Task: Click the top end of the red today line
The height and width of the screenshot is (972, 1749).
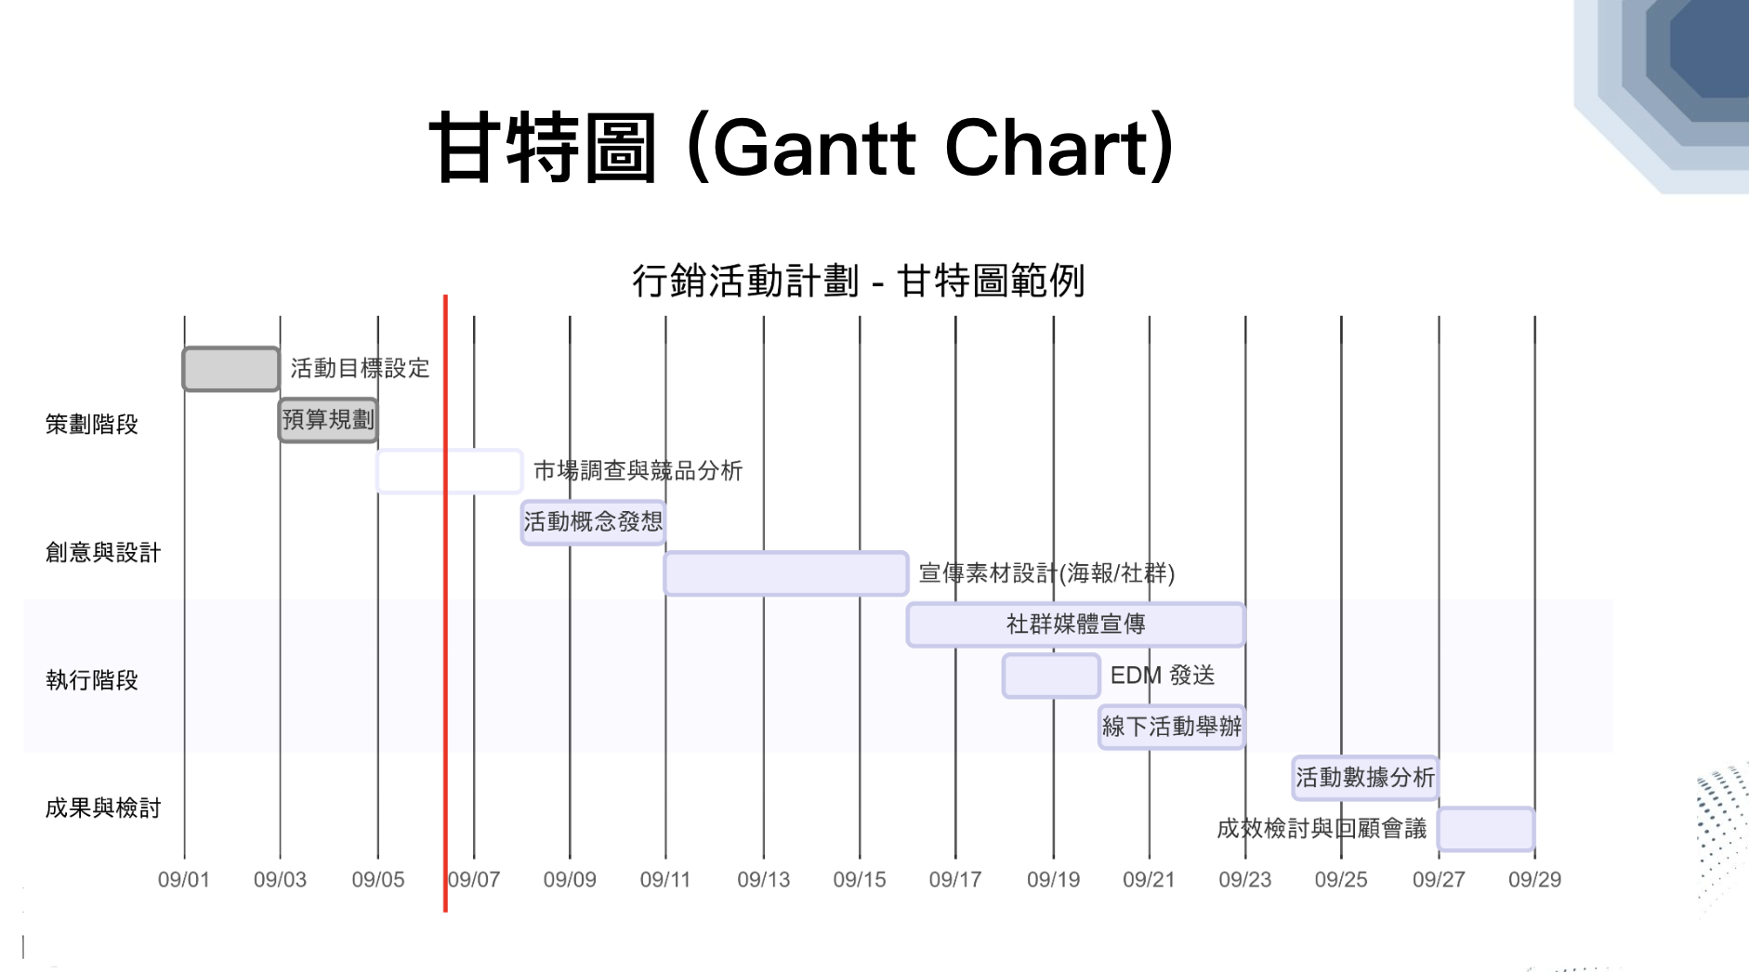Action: (x=445, y=296)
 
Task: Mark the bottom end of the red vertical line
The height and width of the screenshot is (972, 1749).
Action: (x=445, y=912)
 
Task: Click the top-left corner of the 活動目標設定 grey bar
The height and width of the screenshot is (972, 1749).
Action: (x=183, y=348)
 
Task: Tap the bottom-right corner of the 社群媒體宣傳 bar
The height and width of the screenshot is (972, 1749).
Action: (x=1245, y=646)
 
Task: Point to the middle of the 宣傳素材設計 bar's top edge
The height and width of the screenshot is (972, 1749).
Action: (x=786, y=552)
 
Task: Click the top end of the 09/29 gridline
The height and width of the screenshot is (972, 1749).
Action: (x=1534, y=317)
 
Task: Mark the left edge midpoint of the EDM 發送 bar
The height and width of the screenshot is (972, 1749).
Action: (x=1003, y=676)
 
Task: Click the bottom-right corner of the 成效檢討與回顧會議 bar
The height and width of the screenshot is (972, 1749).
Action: (x=1534, y=850)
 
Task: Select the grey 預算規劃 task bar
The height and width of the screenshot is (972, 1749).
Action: (x=328, y=420)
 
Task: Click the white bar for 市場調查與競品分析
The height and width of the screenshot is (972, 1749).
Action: (x=450, y=471)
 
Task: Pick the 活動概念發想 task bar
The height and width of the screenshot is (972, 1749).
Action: (x=593, y=522)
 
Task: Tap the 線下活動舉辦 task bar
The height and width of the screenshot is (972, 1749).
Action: (x=1172, y=727)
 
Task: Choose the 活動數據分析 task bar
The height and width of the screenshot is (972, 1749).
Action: (x=1365, y=778)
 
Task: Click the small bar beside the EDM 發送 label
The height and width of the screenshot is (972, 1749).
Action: (x=1051, y=676)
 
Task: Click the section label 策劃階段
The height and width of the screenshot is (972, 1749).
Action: (x=92, y=425)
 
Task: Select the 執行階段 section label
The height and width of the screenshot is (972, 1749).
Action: (x=92, y=680)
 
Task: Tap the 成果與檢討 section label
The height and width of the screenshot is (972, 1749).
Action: (x=103, y=808)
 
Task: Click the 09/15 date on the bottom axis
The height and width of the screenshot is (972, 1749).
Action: (x=860, y=879)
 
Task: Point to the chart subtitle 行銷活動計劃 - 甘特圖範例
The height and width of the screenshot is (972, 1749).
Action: (x=859, y=281)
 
